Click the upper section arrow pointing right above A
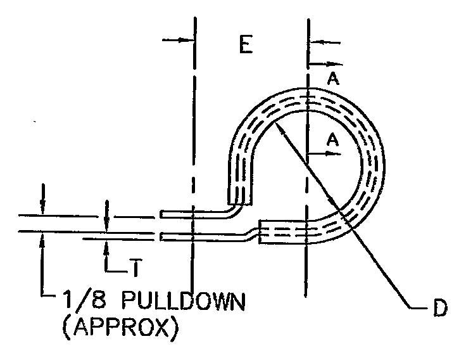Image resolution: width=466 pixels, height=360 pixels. pos(339,64)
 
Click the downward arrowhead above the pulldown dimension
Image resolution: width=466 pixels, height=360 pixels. pos(42,209)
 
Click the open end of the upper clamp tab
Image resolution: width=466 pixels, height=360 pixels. pos(161,215)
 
